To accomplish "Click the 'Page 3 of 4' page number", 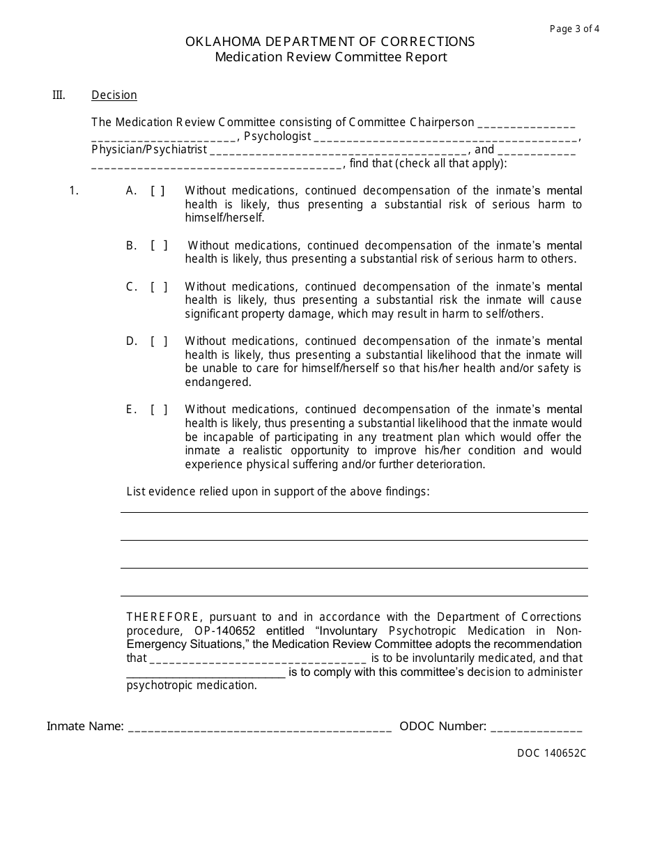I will point(574,29).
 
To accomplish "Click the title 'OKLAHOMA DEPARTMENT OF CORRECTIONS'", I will point(330,42).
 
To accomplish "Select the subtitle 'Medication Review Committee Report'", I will point(330,57).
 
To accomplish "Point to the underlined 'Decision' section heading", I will point(114,95).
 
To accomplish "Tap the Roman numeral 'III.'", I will point(59,95).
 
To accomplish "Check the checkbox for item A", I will point(158,191).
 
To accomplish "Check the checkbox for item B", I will point(159,245).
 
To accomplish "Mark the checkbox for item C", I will point(159,286).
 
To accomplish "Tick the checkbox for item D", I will point(159,341).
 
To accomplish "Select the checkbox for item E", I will point(159,410).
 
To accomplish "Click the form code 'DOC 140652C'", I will point(551,753).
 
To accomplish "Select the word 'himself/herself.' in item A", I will point(224,218).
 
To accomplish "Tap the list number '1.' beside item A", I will point(74,191).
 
